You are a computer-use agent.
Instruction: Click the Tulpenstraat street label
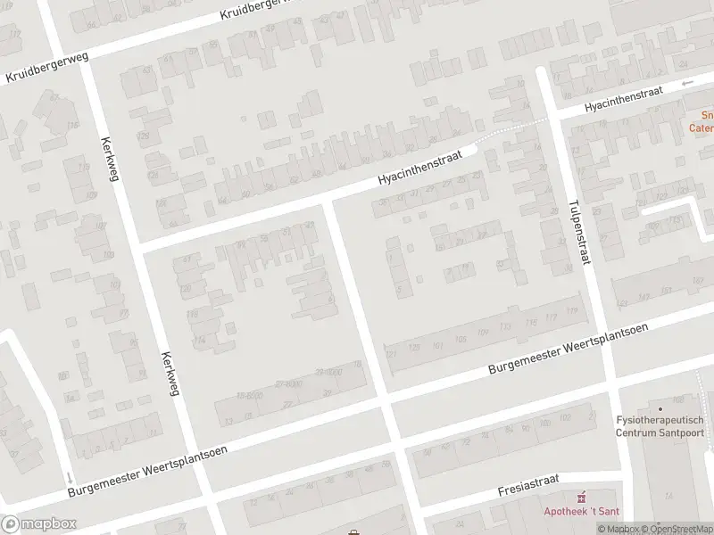(569, 226)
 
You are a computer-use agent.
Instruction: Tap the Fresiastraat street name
(528, 485)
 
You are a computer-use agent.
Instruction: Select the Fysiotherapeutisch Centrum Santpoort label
(660, 426)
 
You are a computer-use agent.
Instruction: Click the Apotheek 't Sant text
(582, 511)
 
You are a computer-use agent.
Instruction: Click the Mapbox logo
(39, 523)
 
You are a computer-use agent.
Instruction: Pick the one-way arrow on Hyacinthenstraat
(687, 85)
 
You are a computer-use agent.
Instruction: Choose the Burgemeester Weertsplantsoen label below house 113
(568, 350)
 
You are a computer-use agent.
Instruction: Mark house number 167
(697, 281)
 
